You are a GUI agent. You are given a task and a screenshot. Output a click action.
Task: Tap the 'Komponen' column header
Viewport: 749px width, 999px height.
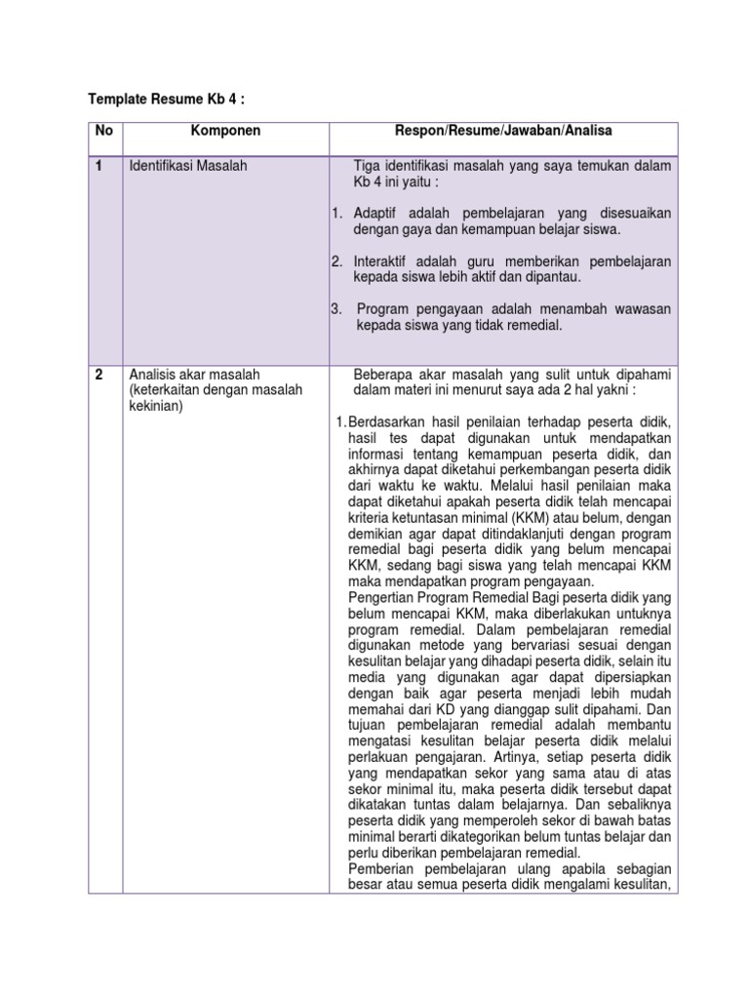(x=225, y=130)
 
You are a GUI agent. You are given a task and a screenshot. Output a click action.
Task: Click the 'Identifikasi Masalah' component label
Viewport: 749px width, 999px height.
(x=187, y=166)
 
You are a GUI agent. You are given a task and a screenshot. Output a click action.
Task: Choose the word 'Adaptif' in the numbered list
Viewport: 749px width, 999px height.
(x=376, y=213)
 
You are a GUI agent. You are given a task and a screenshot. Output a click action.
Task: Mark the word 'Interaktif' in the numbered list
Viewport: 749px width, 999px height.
(x=382, y=261)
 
